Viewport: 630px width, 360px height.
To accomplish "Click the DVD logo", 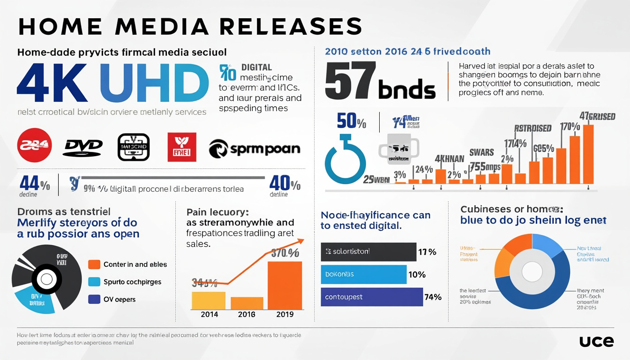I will click(x=82, y=148).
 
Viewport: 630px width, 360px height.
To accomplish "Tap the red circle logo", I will click(x=34, y=145).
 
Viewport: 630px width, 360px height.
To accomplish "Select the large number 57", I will click(x=350, y=81).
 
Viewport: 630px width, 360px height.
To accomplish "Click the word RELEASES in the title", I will click(x=283, y=27).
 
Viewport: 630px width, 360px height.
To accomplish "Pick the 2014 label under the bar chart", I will click(x=209, y=314).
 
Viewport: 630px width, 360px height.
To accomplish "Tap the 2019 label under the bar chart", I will click(x=285, y=314).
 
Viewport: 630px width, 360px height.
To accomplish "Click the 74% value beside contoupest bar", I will click(x=433, y=297).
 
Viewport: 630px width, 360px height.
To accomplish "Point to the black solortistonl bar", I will click(x=368, y=252).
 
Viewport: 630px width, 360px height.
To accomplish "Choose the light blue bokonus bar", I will click(x=364, y=274).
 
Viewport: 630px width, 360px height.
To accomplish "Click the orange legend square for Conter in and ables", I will click(x=94, y=264).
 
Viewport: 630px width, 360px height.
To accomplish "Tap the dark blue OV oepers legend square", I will click(x=94, y=299).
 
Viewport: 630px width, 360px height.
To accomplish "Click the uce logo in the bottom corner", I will click(x=596, y=341).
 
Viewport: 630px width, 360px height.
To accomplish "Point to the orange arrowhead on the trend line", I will click(x=299, y=241).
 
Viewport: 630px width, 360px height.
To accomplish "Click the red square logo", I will click(x=182, y=147).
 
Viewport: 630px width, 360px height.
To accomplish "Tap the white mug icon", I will click(x=397, y=150).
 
